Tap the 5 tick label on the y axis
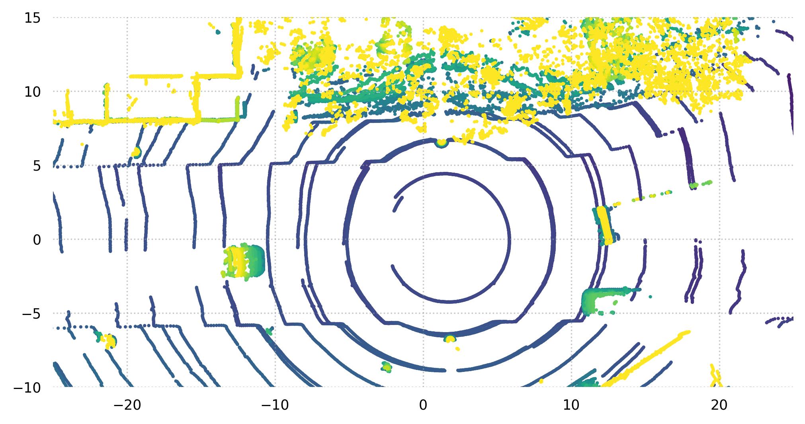pyautogui.click(x=37, y=166)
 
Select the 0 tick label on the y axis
pyautogui.click(x=37, y=240)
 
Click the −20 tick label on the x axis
pyautogui.click(x=127, y=406)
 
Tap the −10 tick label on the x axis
pyautogui.click(x=275, y=406)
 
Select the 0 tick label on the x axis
pyautogui.click(x=423, y=406)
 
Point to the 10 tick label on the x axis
pyautogui.click(x=571, y=406)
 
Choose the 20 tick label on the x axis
pyautogui.click(x=719, y=406)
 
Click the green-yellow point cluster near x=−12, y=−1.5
pyautogui.click(x=244, y=263)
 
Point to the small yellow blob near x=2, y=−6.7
pyautogui.click(x=450, y=339)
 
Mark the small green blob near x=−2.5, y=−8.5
pyautogui.click(x=386, y=366)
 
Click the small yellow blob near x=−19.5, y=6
pyautogui.click(x=136, y=152)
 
